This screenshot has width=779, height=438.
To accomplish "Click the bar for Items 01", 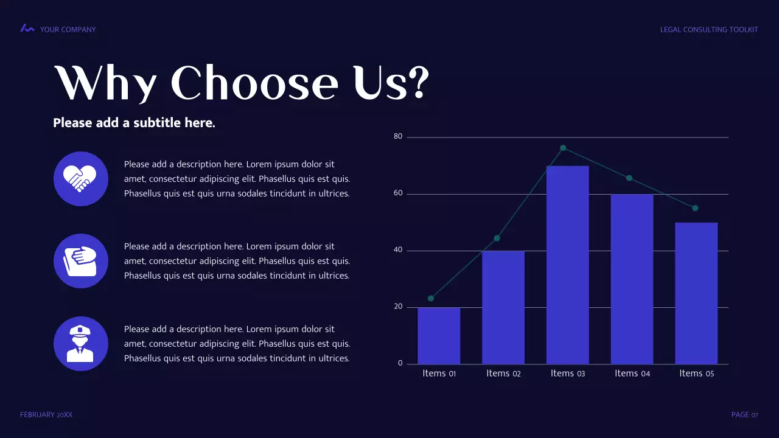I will coord(439,336).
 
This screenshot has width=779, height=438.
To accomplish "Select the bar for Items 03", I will coord(567,265).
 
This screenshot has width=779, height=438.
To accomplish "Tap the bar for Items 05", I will coord(696,293).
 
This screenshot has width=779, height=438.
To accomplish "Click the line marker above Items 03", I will coord(563,148).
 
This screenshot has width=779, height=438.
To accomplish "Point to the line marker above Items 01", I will coord(431,298).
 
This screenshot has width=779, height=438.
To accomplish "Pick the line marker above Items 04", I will coord(629,178).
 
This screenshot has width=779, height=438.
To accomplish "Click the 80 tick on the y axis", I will coord(398,136).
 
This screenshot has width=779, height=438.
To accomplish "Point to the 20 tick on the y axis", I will coord(398,307).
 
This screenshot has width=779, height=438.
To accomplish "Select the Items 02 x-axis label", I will coord(503,374).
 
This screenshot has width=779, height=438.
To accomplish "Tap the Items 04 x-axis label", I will coord(632,374).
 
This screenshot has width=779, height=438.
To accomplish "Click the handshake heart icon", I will coord(81,179).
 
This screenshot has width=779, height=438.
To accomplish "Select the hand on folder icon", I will coord(81,261).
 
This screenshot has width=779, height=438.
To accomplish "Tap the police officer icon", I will coord(81,344).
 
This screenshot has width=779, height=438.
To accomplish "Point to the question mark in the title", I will coord(417,83).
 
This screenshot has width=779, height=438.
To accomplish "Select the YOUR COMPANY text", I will coord(68,29).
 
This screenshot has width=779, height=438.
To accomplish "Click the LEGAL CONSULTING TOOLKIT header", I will coord(709,29).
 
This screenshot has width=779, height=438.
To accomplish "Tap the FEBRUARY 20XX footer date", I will coord(46,415).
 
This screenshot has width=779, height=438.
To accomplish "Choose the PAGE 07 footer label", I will coord(744,415).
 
